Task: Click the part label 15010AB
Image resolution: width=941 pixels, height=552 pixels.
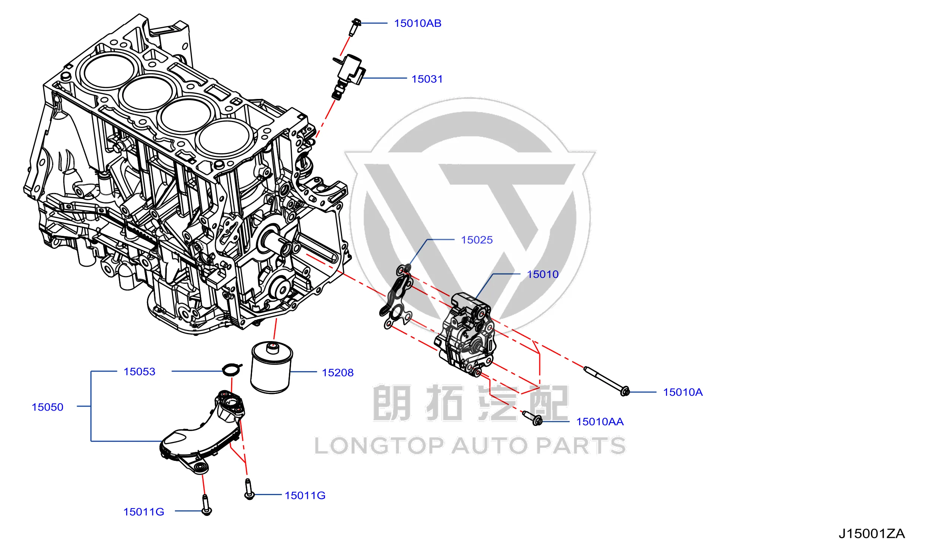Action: [418, 23]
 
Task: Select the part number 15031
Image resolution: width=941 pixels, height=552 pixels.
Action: [427, 79]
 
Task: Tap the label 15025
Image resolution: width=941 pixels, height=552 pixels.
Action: [476, 240]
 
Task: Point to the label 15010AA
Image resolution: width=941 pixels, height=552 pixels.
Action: [600, 422]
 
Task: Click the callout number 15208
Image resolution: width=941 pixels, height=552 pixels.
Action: [338, 373]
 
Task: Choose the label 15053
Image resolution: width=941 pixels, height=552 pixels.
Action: [139, 372]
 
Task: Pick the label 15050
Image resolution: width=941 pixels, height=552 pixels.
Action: [47, 407]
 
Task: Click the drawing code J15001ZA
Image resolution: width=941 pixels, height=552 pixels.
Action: [871, 534]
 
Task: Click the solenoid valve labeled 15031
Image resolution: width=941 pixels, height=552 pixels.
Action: [348, 77]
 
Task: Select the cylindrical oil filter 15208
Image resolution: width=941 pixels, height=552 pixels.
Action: [271, 367]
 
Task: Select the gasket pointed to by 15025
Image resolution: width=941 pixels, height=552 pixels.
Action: [397, 297]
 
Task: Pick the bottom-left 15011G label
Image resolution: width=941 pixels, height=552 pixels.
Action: [144, 512]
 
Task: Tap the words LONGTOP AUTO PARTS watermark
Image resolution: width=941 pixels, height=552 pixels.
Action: [470, 446]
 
